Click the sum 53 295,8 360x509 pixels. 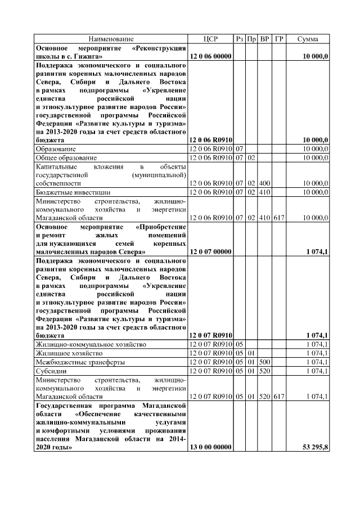pyautogui.click(x=316, y=447)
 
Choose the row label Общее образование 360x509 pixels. pyautogui.click(x=66, y=158)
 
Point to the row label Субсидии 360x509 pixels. pyautogui.click(x=51, y=371)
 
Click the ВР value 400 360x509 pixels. pyautogui.click(x=265, y=183)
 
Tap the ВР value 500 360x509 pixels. pyautogui.click(x=265, y=362)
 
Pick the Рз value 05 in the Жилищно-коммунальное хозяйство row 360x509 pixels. pyautogui.click(x=239, y=344)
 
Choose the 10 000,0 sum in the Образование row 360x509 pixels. pyautogui.click(x=316, y=148)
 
